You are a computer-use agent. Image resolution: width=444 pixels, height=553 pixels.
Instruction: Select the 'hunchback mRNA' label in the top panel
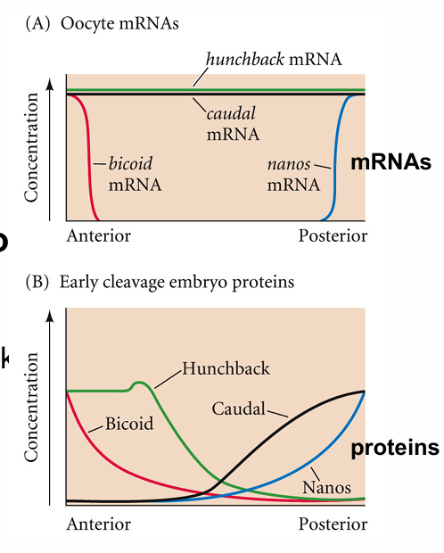pos(273,60)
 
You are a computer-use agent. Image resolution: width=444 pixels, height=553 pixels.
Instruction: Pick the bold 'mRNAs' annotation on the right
pos(391,163)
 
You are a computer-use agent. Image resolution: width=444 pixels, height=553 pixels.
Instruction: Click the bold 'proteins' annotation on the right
pos(394,448)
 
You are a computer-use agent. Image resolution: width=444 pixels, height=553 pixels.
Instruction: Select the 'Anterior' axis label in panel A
pos(98,236)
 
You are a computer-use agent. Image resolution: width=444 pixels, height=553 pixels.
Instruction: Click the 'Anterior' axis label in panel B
pos(98,523)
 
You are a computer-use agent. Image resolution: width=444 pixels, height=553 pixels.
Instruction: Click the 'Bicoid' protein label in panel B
pos(129,423)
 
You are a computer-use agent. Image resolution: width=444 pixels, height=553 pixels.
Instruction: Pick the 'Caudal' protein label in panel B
pos(238,409)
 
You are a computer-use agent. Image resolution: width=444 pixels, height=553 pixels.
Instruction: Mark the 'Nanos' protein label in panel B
pos(326,488)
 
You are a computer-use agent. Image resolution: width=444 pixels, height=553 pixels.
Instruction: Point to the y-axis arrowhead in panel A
pos(67,83)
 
